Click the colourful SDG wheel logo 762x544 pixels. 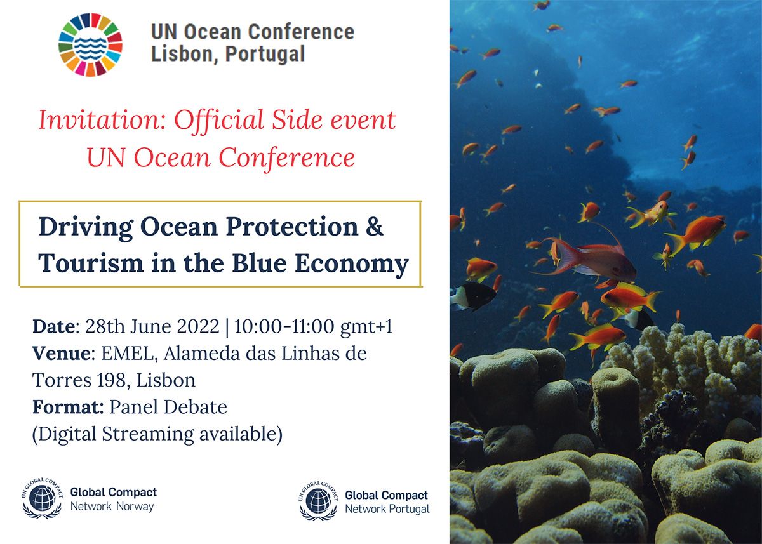[x=90, y=45]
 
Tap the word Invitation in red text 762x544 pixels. [x=102, y=120]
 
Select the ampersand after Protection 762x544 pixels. [x=375, y=227]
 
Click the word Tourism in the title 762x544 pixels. [x=91, y=263]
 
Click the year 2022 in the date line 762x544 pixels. [x=198, y=327]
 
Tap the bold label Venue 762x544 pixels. [x=62, y=354]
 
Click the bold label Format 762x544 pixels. [x=67, y=407]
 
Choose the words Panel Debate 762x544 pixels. [x=168, y=407]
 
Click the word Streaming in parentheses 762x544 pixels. [x=148, y=435]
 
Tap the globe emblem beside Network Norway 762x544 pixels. [x=42, y=498]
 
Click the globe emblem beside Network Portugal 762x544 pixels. [x=318, y=501]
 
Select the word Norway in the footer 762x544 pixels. [x=135, y=507]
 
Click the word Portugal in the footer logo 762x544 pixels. [x=409, y=509]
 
